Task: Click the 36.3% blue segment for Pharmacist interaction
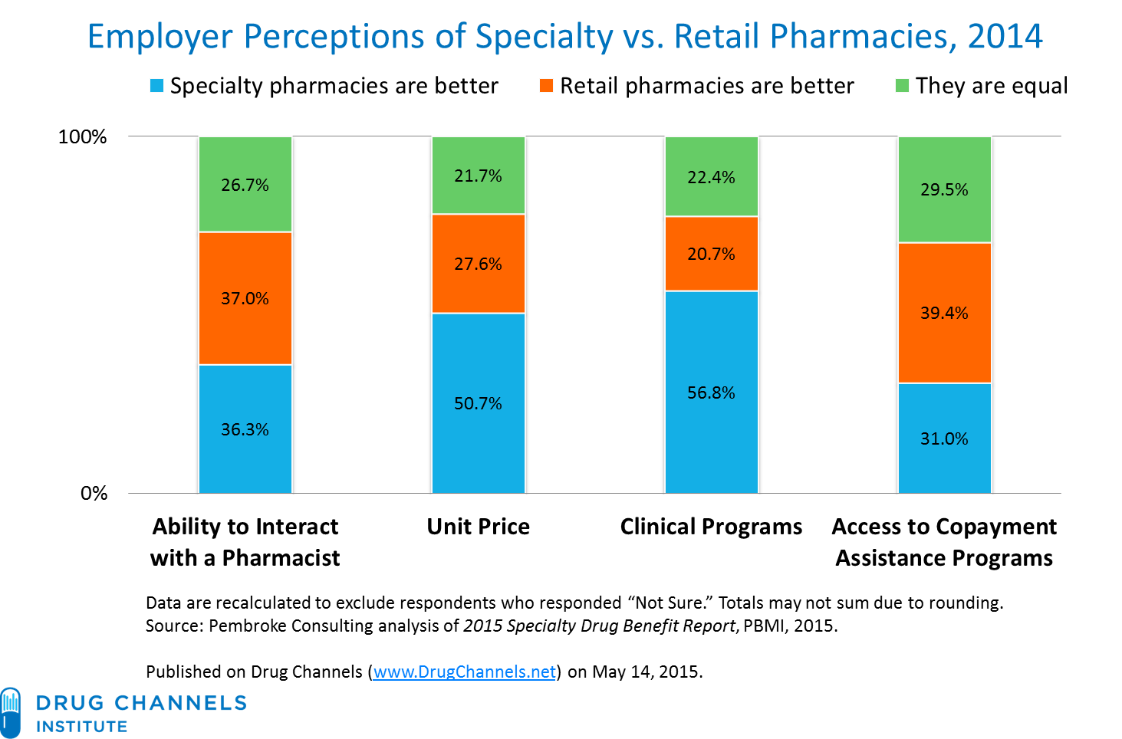coord(245,429)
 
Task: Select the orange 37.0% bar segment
coord(245,298)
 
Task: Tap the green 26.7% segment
coord(245,184)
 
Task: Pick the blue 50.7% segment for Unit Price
coord(478,403)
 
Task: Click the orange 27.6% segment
coord(478,264)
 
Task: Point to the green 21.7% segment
coord(478,176)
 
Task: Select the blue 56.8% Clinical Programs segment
coord(711,392)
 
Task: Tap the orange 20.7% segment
coord(711,254)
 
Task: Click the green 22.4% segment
coord(711,177)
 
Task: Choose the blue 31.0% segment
coord(944,438)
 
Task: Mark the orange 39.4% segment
coord(944,313)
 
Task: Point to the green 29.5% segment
coord(944,189)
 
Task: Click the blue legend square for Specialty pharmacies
coord(157,86)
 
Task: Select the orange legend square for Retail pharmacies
coord(546,86)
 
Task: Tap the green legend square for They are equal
coord(902,86)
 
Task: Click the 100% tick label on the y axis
coord(82,137)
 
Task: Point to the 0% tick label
coord(94,493)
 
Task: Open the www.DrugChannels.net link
coord(464,672)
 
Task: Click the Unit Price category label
coord(478,527)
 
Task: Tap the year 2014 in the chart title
coord(1005,36)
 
